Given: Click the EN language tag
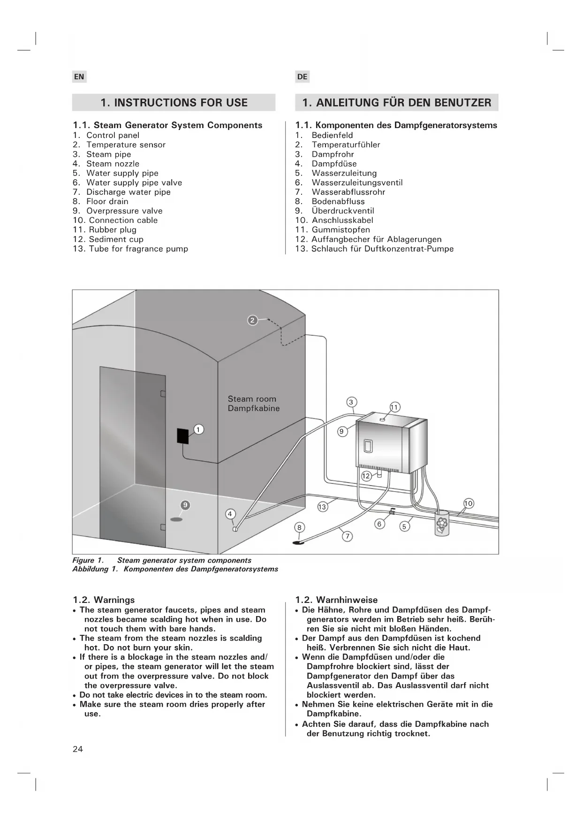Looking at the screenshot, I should click(x=79, y=77).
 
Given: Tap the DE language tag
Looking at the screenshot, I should click(x=302, y=77).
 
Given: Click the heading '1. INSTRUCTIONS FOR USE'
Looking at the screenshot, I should click(x=174, y=103).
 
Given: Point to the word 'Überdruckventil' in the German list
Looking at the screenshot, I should click(x=343, y=211).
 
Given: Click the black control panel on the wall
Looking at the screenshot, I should click(x=183, y=436).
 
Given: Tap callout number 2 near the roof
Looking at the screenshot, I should click(x=252, y=320).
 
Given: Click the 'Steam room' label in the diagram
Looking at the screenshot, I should click(x=252, y=399).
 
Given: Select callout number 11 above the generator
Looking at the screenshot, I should click(x=395, y=407).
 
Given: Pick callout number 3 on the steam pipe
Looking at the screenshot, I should click(x=351, y=402).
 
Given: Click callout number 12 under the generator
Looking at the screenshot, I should click(x=366, y=476).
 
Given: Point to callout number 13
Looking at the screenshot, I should click(x=322, y=507).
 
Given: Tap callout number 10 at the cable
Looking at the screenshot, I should click(x=469, y=503).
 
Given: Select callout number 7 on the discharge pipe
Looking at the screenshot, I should click(x=347, y=536).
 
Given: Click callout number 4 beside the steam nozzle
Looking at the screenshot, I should click(x=230, y=514).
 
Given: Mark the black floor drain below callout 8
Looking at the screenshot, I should click(x=298, y=543).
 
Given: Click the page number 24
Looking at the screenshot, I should click(x=78, y=749).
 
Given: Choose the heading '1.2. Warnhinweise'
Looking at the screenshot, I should click(x=336, y=600).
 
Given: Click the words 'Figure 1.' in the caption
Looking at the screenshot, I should click(x=88, y=561).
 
